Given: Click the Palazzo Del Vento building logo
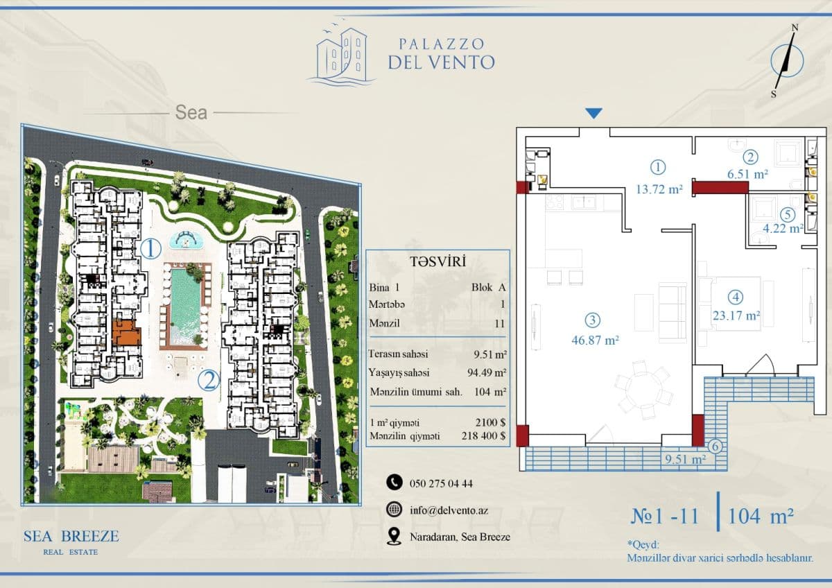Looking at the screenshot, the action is pyautogui.click(x=341, y=55).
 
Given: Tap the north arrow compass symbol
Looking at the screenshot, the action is pyautogui.click(x=786, y=62).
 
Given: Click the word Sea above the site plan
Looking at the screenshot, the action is pyautogui.click(x=191, y=112).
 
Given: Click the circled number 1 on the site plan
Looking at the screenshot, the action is pyautogui.click(x=151, y=249).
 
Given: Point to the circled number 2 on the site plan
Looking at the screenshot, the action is pyautogui.click(x=209, y=381).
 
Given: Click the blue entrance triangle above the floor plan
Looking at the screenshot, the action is pyautogui.click(x=593, y=113).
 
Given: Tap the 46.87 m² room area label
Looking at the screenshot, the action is pyautogui.click(x=595, y=340).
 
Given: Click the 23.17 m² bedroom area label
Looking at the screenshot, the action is pyautogui.click(x=736, y=315).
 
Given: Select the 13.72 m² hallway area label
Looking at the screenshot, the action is pyautogui.click(x=659, y=189).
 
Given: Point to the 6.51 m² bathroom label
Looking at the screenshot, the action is pyautogui.click(x=747, y=174).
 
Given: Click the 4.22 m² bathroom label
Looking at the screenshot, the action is pyautogui.click(x=783, y=228).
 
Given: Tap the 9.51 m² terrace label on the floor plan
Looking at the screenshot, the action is pyautogui.click(x=685, y=460).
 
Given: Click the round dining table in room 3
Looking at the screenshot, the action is pyautogui.click(x=643, y=390).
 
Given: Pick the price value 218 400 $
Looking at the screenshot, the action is pyautogui.click(x=483, y=435).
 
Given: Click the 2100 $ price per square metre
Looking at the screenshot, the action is pyautogui.click(x=490, y=422).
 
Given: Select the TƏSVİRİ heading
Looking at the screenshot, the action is pyautogui.click(x=438, y=262).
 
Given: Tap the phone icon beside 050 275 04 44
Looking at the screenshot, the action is pyautogui.click(x=394, y=482).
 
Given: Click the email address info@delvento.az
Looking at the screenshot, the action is pyautogui.click(x=449, y=510).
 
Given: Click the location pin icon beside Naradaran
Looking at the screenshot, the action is pyautogui.click(x=394, y=537).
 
